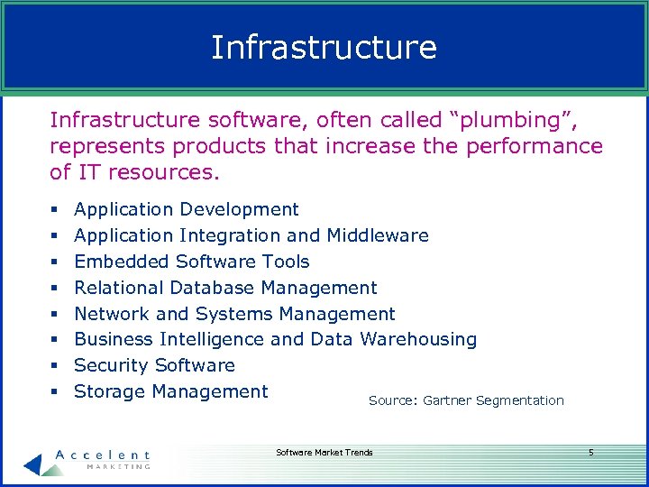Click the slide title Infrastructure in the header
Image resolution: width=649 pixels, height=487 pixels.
tap(324, 48)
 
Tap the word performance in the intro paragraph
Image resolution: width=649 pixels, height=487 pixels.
tap(535, 146)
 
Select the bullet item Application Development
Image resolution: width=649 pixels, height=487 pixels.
tap(186, 210)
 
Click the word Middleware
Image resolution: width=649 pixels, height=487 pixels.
tap(377, 236)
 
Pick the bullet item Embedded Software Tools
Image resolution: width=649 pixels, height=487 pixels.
tap(191, 262)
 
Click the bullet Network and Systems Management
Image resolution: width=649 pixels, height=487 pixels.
tap(234, 315)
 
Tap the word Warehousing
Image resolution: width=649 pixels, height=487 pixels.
tap(418, 340)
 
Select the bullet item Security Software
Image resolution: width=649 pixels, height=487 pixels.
tap(154, 366)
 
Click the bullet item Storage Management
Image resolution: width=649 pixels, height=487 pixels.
tap(170, 392)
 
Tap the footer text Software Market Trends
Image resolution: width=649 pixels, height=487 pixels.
tap(324, 453)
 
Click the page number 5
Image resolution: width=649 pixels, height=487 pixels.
tap(591, 453)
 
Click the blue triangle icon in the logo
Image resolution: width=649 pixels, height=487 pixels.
tap(33, 464)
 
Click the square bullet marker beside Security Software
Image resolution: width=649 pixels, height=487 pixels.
tap(55, 366)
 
